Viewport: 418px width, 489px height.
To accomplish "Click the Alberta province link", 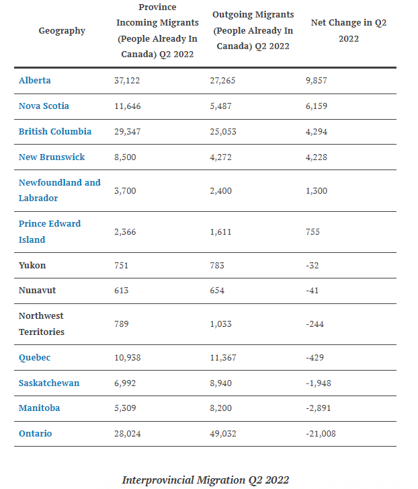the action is (34, 81).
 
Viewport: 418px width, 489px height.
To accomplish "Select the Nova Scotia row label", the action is (44, 106).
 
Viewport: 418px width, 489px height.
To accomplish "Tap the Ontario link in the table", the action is (35, 433).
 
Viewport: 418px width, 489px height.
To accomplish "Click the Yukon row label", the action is (32, 266).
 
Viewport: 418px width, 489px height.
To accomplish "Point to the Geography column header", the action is (62, 31).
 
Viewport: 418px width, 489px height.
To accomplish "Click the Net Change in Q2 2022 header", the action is (349, 30).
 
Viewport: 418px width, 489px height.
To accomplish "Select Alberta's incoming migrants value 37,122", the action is (127, 81).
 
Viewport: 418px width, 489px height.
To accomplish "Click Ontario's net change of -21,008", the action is (321, 433).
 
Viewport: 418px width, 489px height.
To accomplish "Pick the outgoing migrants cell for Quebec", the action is (223, 357).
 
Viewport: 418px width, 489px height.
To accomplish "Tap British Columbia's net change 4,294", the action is (317, 132).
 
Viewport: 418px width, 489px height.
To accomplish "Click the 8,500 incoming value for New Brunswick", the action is (125, 157).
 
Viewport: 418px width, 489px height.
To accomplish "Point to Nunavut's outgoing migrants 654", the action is (217, 291).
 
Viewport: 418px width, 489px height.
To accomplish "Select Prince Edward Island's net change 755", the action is (312, 231).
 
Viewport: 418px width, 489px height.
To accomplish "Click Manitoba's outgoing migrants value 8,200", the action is (221, 408).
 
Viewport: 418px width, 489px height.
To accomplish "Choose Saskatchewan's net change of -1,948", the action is (319, 383).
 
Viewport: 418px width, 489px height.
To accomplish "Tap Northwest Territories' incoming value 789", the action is (122, 324).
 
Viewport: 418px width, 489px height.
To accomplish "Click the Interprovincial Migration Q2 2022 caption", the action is (206, 480).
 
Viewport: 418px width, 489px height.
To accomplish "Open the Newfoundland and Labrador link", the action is (60, 190).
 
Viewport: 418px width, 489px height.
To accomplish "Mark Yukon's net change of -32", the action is (312, 266).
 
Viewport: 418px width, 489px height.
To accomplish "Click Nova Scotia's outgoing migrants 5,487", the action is (221, 106).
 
